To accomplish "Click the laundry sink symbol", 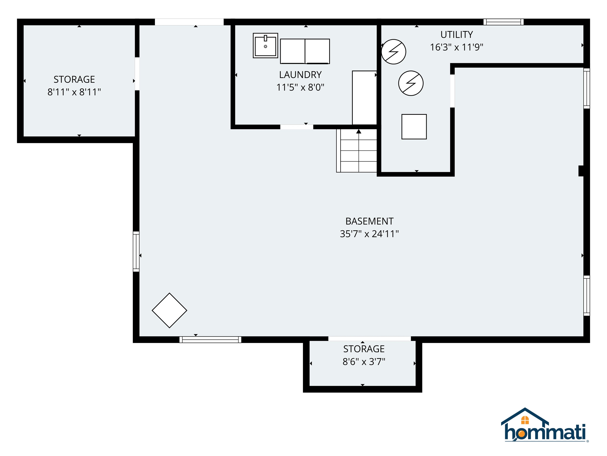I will point(265,46).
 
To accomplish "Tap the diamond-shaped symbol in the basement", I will point(169,310).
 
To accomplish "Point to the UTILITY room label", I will point(457,35).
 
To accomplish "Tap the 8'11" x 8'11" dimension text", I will point(74,92).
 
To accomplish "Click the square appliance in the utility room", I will point(414,127).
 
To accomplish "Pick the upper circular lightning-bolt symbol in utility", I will point(394,52).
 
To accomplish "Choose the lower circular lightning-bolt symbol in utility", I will point(411,83).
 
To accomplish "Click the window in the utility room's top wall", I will point(503,22).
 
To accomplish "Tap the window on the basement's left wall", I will point(136,252).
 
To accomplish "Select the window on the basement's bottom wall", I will point(210,340).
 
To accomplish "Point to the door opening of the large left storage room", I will point(137,74).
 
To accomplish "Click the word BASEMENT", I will point(369,221).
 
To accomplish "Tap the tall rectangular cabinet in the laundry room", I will point(364,98).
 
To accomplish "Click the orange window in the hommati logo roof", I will point(525,420).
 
